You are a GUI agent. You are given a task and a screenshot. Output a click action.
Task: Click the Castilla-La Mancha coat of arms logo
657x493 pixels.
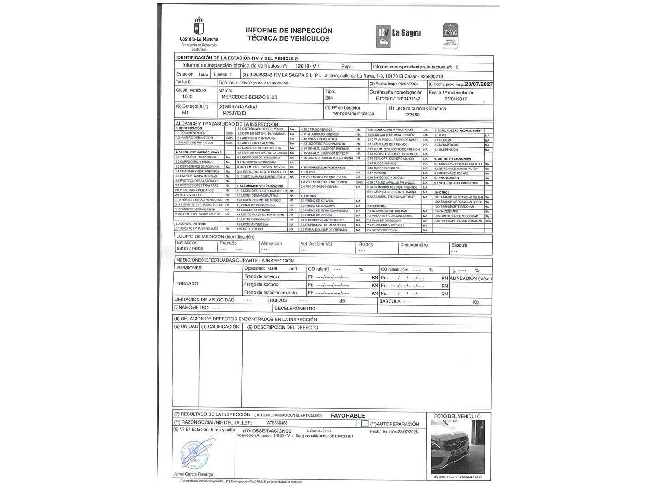point(199,26)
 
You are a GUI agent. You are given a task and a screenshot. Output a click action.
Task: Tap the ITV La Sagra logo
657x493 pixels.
point(398,33)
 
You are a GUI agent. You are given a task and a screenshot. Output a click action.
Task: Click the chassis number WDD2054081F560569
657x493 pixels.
point(353,114)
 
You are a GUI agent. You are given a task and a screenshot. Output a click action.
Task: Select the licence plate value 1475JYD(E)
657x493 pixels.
point(234,113)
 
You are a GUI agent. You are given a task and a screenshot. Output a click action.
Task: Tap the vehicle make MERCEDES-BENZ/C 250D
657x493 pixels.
point(249,97)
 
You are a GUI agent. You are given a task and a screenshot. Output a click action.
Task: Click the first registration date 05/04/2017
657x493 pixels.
point(455,99)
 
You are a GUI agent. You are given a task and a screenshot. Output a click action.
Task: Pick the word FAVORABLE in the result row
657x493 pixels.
point(348,416)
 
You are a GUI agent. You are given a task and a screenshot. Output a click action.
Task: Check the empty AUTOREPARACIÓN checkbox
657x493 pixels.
point(365,424)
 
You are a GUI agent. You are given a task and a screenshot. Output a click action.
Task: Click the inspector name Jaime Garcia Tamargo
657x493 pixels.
point(193,474)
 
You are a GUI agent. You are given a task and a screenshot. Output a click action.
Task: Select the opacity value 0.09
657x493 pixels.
point(273,269)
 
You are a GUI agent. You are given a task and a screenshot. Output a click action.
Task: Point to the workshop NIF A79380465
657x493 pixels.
point(277,423)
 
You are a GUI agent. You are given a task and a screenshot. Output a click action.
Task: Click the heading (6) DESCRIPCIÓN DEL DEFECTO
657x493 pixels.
point(282,327)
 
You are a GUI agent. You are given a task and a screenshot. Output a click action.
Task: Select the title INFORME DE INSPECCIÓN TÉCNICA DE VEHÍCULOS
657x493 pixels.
point(289,34)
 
